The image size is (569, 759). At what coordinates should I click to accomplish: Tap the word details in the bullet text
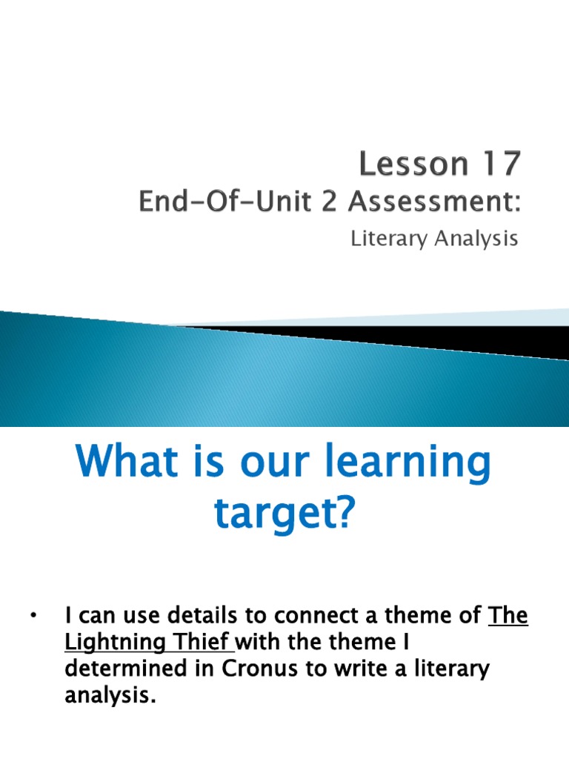click(x=201, y=616)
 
